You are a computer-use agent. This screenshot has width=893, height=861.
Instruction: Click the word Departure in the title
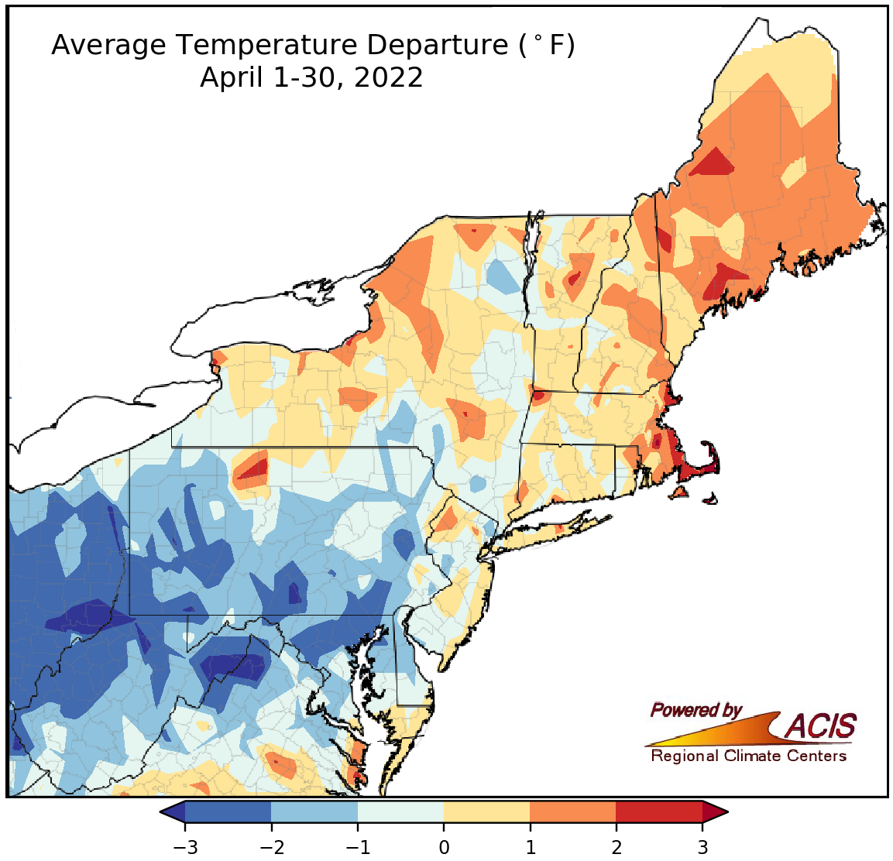pos(436,46)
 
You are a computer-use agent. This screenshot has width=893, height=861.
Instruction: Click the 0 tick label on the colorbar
pos(444,846)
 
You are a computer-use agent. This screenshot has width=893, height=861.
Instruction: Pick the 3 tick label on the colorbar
pos(702,846)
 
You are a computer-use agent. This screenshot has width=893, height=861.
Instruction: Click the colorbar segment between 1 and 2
pos(573,811)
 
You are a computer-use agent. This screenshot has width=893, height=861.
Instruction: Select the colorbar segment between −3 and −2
pos(228,811)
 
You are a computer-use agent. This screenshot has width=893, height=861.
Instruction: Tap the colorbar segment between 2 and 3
pos(659,811)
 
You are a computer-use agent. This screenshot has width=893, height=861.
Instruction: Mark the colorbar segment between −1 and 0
pos(400,811)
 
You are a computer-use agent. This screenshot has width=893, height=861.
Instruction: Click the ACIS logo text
pos(821,726)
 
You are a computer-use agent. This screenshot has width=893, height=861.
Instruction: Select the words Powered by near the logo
pos(696,710)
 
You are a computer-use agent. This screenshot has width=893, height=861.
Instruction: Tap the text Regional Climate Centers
pos(748,756)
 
